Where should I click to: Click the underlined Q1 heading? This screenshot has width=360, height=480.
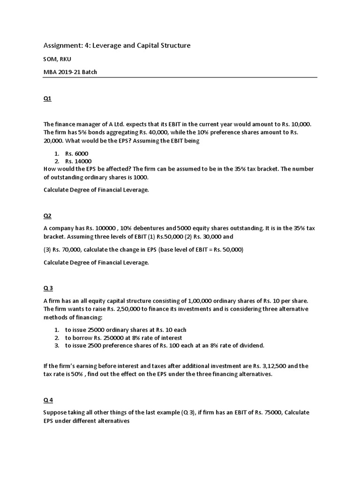coord(47,99)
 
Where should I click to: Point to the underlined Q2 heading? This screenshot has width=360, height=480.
coord(47,216)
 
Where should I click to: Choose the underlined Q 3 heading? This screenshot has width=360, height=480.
coord(48,288)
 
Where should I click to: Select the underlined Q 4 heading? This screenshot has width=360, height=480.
coord(48,399)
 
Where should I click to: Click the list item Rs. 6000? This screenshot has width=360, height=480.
coord(77,153)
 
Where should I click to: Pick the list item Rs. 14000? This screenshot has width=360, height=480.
coord(78,161)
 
